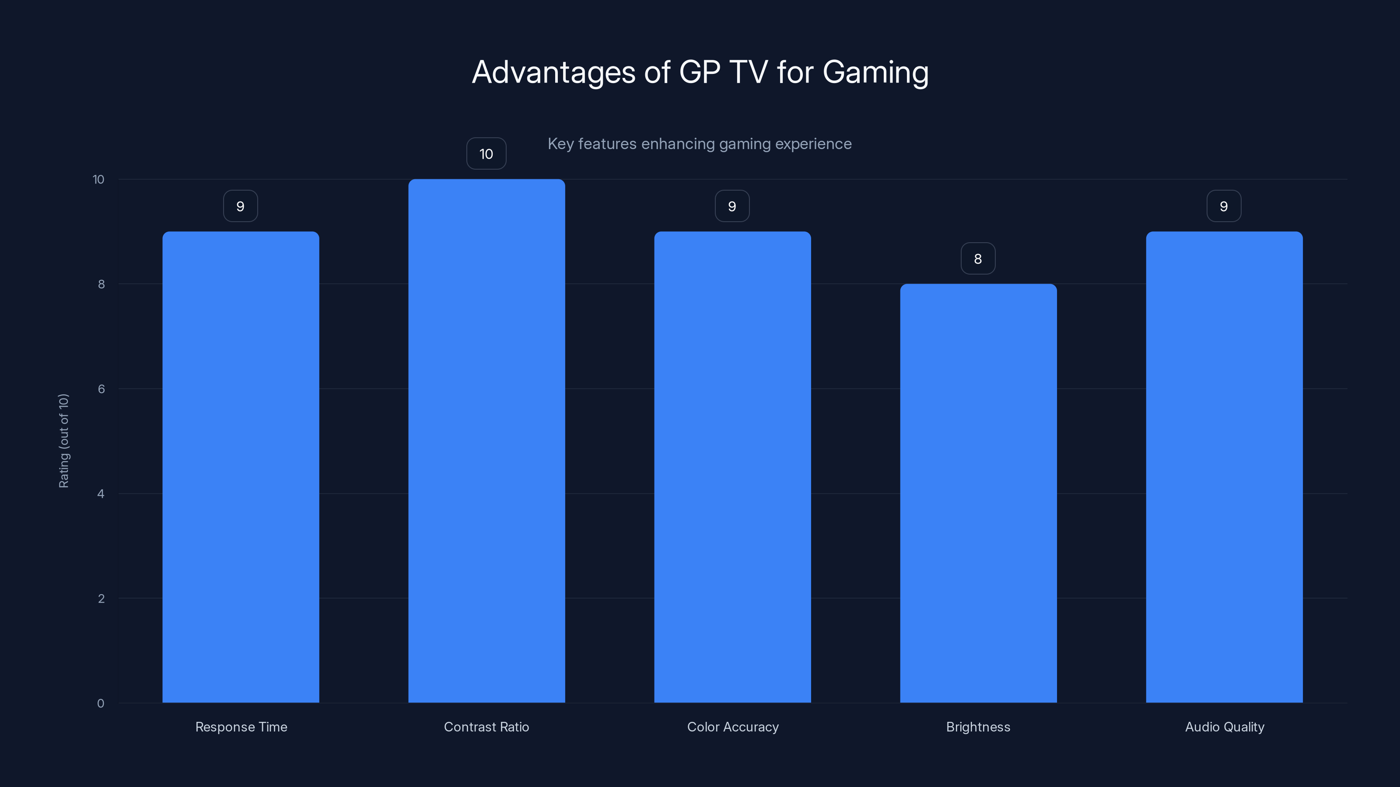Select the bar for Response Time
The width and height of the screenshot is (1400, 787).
241,467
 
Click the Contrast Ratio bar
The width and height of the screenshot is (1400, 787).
486,441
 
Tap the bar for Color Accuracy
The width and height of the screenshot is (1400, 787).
732,467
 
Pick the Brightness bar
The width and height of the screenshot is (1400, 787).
978,493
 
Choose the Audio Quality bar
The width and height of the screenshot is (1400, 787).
1224,467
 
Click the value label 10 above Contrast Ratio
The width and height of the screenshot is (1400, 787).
486,154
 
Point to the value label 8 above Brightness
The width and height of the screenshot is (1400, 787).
978,258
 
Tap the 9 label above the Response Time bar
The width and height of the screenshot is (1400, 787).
240,206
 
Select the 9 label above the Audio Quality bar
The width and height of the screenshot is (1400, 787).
1223,206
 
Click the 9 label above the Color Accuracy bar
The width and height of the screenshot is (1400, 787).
732,206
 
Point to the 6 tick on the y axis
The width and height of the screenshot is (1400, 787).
101,389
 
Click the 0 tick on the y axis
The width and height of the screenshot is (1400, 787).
101,703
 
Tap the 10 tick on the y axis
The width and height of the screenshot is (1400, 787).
98,179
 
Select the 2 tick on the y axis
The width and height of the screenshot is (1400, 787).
101,599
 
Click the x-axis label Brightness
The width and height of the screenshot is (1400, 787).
978,727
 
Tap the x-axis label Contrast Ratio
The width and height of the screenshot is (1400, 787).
486,727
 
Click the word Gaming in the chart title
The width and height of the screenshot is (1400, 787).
875,73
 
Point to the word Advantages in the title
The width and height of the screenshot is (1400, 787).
553,73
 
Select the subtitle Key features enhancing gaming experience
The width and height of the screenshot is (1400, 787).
700,144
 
